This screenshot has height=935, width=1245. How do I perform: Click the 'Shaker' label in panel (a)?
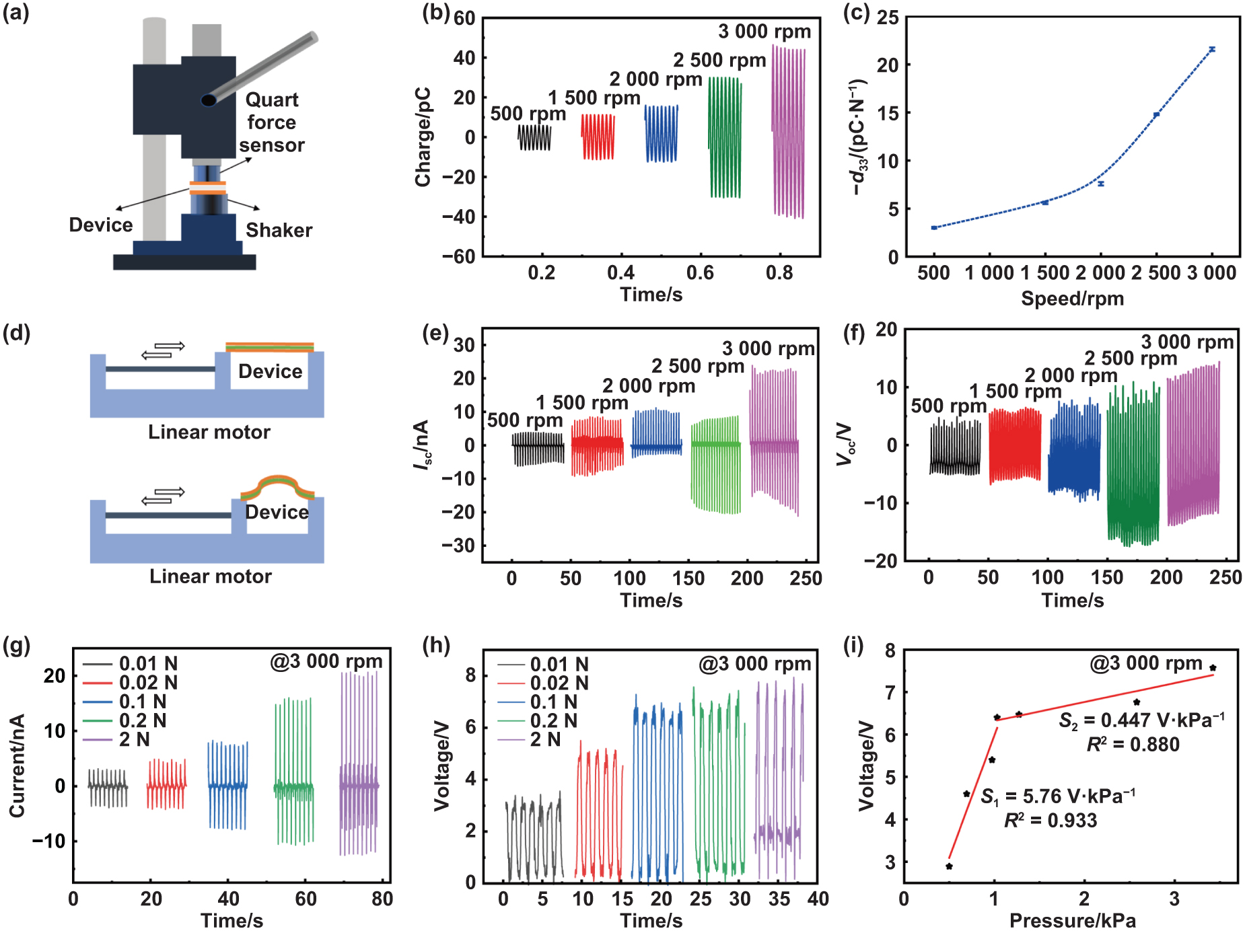[x=279, y=231]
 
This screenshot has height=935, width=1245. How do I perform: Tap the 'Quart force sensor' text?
[x=271, y=122]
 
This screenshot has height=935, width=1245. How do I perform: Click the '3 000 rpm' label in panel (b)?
[x=764, y=32]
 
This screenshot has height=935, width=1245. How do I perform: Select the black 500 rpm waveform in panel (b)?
[x=534, y=137]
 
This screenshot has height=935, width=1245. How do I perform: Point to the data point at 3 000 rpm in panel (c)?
[x=1211, y=49]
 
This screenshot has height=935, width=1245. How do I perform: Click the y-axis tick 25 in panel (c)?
[x=888, y=18]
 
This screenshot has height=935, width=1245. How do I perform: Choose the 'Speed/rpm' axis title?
[x=1072, y=299]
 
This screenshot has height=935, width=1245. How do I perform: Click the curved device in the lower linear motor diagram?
[x=277, y=486]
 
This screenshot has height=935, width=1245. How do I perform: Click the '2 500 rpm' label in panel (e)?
[x=697, y=367]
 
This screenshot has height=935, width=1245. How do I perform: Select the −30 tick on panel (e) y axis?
[x=458, y=546]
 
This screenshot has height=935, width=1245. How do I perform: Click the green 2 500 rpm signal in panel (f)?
[x=1133, y=464]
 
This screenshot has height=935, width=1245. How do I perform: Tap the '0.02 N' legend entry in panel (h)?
[x=559, y=683]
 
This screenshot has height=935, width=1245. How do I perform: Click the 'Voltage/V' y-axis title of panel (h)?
[x=441, y=766]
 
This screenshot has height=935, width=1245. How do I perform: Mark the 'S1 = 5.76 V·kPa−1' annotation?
[x=1057, y=797]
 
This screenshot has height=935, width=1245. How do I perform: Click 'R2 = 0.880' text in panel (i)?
[x=1133, y=745]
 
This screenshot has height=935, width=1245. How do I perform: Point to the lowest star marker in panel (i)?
[x=949, y=866]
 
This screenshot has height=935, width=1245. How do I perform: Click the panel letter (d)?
[x=16, y=334]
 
